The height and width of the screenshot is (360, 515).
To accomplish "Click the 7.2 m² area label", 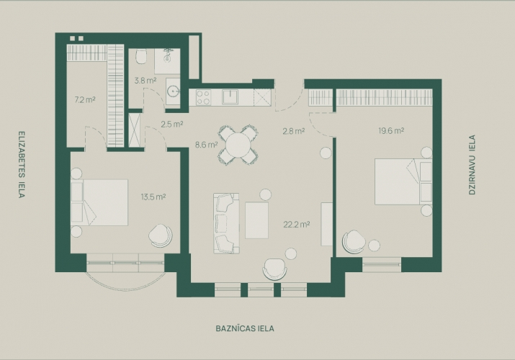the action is pos(85,99).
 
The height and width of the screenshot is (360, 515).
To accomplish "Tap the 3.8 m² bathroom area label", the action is pos(145,80).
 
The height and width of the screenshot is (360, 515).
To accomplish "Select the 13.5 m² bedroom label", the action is pos(153,197).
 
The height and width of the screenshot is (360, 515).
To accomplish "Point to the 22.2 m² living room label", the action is pos(297,225).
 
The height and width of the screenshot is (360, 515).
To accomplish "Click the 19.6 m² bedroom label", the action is pos(391,130).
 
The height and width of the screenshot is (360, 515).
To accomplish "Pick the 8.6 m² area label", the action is pos(207,145).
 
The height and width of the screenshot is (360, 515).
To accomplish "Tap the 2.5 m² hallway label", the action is pos(171,125).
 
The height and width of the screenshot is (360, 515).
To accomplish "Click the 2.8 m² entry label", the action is pos(294,131).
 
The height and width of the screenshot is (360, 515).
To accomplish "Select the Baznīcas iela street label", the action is pos(245,328).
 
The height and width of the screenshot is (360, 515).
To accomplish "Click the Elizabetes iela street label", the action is pos(22,165).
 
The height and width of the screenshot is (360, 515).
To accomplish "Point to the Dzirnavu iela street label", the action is pos(472,165).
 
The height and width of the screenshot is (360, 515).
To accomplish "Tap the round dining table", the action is pos(238,145).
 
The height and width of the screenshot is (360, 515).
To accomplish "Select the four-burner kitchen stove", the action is pos(203,97).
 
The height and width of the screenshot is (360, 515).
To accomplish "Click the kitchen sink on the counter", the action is pos(230,97).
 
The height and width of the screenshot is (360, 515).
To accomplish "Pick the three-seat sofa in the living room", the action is pos(226,223).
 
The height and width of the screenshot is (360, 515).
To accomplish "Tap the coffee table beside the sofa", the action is pos(257,220).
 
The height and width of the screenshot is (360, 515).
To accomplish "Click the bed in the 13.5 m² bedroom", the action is pos(99,202).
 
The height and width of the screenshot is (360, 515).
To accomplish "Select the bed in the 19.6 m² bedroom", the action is pos(403,181).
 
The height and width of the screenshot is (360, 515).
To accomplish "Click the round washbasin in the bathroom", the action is pos(173,91).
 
